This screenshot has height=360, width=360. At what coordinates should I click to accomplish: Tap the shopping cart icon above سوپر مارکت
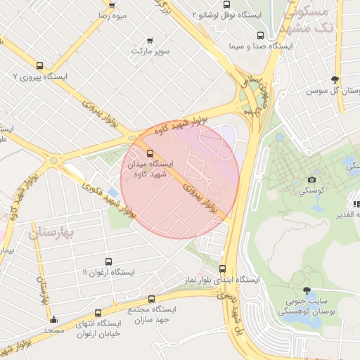149,40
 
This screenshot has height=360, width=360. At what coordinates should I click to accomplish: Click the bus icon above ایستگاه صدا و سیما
260,35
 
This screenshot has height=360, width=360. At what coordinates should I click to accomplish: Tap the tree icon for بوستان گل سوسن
335,79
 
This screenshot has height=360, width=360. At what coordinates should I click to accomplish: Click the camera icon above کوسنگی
312,180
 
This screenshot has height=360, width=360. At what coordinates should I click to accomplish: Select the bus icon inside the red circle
149,153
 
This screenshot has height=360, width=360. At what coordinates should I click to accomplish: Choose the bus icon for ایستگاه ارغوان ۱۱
108,262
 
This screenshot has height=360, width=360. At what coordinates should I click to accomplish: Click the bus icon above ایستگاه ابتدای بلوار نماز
223,269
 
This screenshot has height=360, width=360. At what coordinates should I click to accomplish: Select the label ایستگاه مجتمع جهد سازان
152,314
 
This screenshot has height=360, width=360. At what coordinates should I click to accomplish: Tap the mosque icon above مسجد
53,319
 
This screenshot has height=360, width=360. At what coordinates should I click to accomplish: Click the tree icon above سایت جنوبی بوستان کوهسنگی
306,290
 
